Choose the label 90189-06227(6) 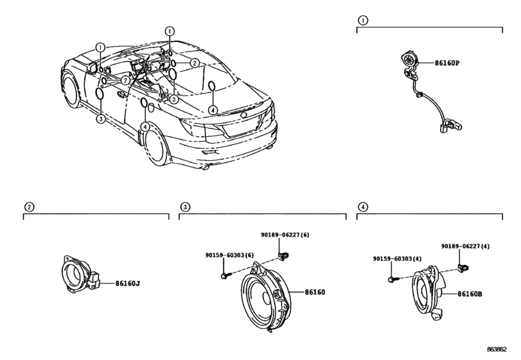285,235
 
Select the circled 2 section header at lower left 28,206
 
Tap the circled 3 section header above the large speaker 184,206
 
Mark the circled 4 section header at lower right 363,206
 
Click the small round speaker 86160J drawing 78,276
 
